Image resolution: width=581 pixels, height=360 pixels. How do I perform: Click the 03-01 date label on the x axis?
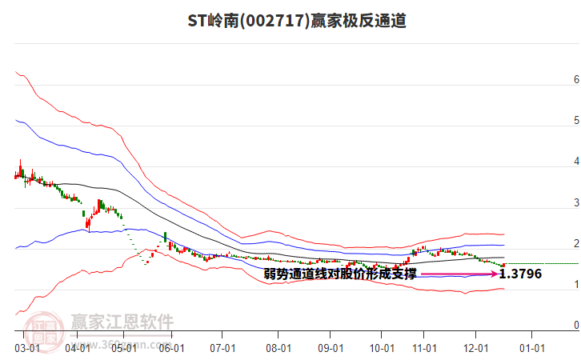click(x=26, y=348)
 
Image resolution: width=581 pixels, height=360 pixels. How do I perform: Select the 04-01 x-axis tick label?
click(x=78, y=348)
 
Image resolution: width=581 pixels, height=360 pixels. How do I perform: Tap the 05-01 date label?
click(x=125, y=348)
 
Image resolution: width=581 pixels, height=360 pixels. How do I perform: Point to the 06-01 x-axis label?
click(x=173, y=348)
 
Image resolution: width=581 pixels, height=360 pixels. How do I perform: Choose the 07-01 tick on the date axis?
click(x=222, y=348)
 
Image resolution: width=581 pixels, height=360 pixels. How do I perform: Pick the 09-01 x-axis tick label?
click(x=330, y=348)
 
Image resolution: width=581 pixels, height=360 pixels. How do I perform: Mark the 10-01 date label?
click(x=382, y=348)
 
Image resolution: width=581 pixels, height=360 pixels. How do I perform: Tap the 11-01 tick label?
click(x=424, y=348)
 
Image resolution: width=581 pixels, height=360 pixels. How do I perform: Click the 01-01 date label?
click(x=532, y=348)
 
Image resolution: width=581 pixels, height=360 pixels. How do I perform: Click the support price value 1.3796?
click(x=520, y=274)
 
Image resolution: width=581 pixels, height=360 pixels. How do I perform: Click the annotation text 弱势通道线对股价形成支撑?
click(x=340, y=274)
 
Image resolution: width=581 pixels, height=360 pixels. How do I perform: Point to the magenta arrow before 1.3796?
click(x=459, y=274)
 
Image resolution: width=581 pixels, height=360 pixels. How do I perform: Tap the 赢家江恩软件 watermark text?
click(x=122, y=322)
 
